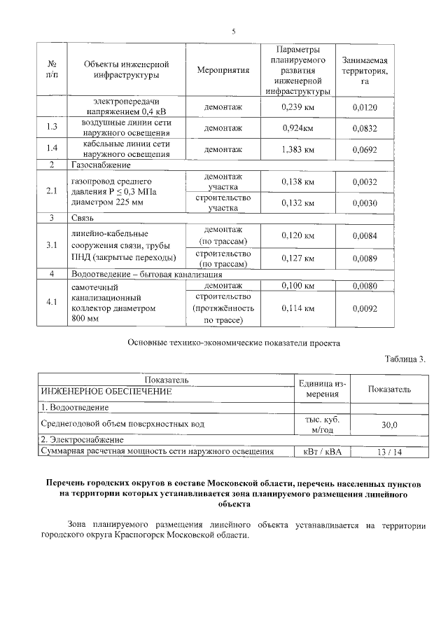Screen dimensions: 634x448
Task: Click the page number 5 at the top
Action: coord(234,31)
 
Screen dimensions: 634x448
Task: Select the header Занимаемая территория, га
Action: coord(365,71)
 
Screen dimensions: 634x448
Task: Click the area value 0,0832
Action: coord(365,128)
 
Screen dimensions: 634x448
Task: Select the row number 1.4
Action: coord(51,149)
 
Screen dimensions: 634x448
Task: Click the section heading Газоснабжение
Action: coord(101,165)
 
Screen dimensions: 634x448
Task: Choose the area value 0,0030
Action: coord(365,203)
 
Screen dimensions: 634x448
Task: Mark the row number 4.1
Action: coord(51,303)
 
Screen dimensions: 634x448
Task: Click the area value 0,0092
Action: coord(365,308)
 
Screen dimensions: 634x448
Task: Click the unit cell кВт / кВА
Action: coord(322,452)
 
